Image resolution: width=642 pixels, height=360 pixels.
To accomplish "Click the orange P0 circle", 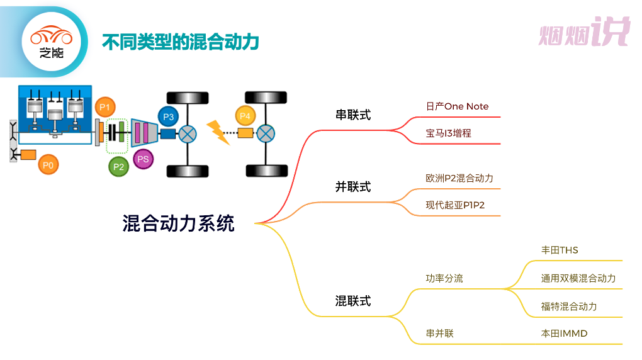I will click(48, 165).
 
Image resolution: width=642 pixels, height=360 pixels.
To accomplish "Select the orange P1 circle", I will click(105, 107).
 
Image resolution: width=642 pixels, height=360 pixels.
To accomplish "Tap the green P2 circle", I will click(118, 166).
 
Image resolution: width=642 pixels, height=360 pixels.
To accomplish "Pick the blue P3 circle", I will click(167, 116).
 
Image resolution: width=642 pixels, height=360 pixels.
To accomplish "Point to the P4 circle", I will click(245, 116).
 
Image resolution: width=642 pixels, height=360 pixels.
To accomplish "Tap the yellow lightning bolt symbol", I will click(218, 132).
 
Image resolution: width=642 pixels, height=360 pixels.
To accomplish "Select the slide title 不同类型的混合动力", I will click(181, 42).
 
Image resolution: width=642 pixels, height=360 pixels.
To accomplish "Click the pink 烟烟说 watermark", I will click(583, 33).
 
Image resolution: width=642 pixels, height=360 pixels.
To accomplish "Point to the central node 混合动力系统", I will click(178, 223).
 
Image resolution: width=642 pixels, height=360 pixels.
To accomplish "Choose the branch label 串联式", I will click(353, 115).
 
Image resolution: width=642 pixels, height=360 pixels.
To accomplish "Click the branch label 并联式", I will click(353, 187).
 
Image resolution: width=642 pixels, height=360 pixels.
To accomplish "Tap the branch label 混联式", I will click(353, 301).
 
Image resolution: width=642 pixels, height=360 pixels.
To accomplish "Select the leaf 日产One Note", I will click(457, 106).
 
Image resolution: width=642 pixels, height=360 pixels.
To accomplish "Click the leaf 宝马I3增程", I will click(448, 133).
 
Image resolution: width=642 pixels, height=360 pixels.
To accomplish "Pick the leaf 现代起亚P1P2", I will click(455, 205).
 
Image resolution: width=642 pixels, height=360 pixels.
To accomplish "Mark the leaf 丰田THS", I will click(560, 250).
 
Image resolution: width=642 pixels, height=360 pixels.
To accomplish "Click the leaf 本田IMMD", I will click(564, 334).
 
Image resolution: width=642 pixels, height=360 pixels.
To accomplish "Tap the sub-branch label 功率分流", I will click(444, 278).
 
